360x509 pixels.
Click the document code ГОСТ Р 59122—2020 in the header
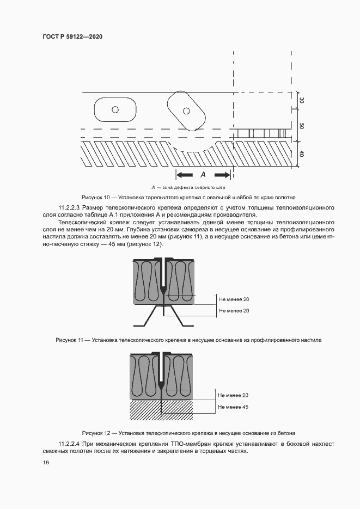tap(72, 36)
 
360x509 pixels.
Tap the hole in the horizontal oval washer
tap(115, 109)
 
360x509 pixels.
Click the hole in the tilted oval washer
tap(186, 111)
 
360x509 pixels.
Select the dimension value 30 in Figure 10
tap(302, 100)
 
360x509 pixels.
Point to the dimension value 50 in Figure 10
tap(302, 126)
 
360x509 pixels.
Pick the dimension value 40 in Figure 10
tap(302, 154)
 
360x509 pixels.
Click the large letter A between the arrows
tap(203, 175)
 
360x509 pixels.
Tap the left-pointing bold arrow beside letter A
tap(184, 175)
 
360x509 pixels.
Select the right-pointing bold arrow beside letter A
tap(222, 175)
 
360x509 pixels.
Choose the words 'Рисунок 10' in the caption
tap(95, 197)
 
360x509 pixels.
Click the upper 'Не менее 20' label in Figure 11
tap(234, 299)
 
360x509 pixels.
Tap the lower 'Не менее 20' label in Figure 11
tap(234, 310)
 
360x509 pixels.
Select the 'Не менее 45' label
tap(233, 407)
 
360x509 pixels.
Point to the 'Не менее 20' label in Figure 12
tap(233, 395)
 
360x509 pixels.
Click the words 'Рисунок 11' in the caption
tap(70, 340)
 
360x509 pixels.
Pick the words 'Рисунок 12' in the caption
tap(96, 433)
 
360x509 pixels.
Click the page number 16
tap(46, 463)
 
